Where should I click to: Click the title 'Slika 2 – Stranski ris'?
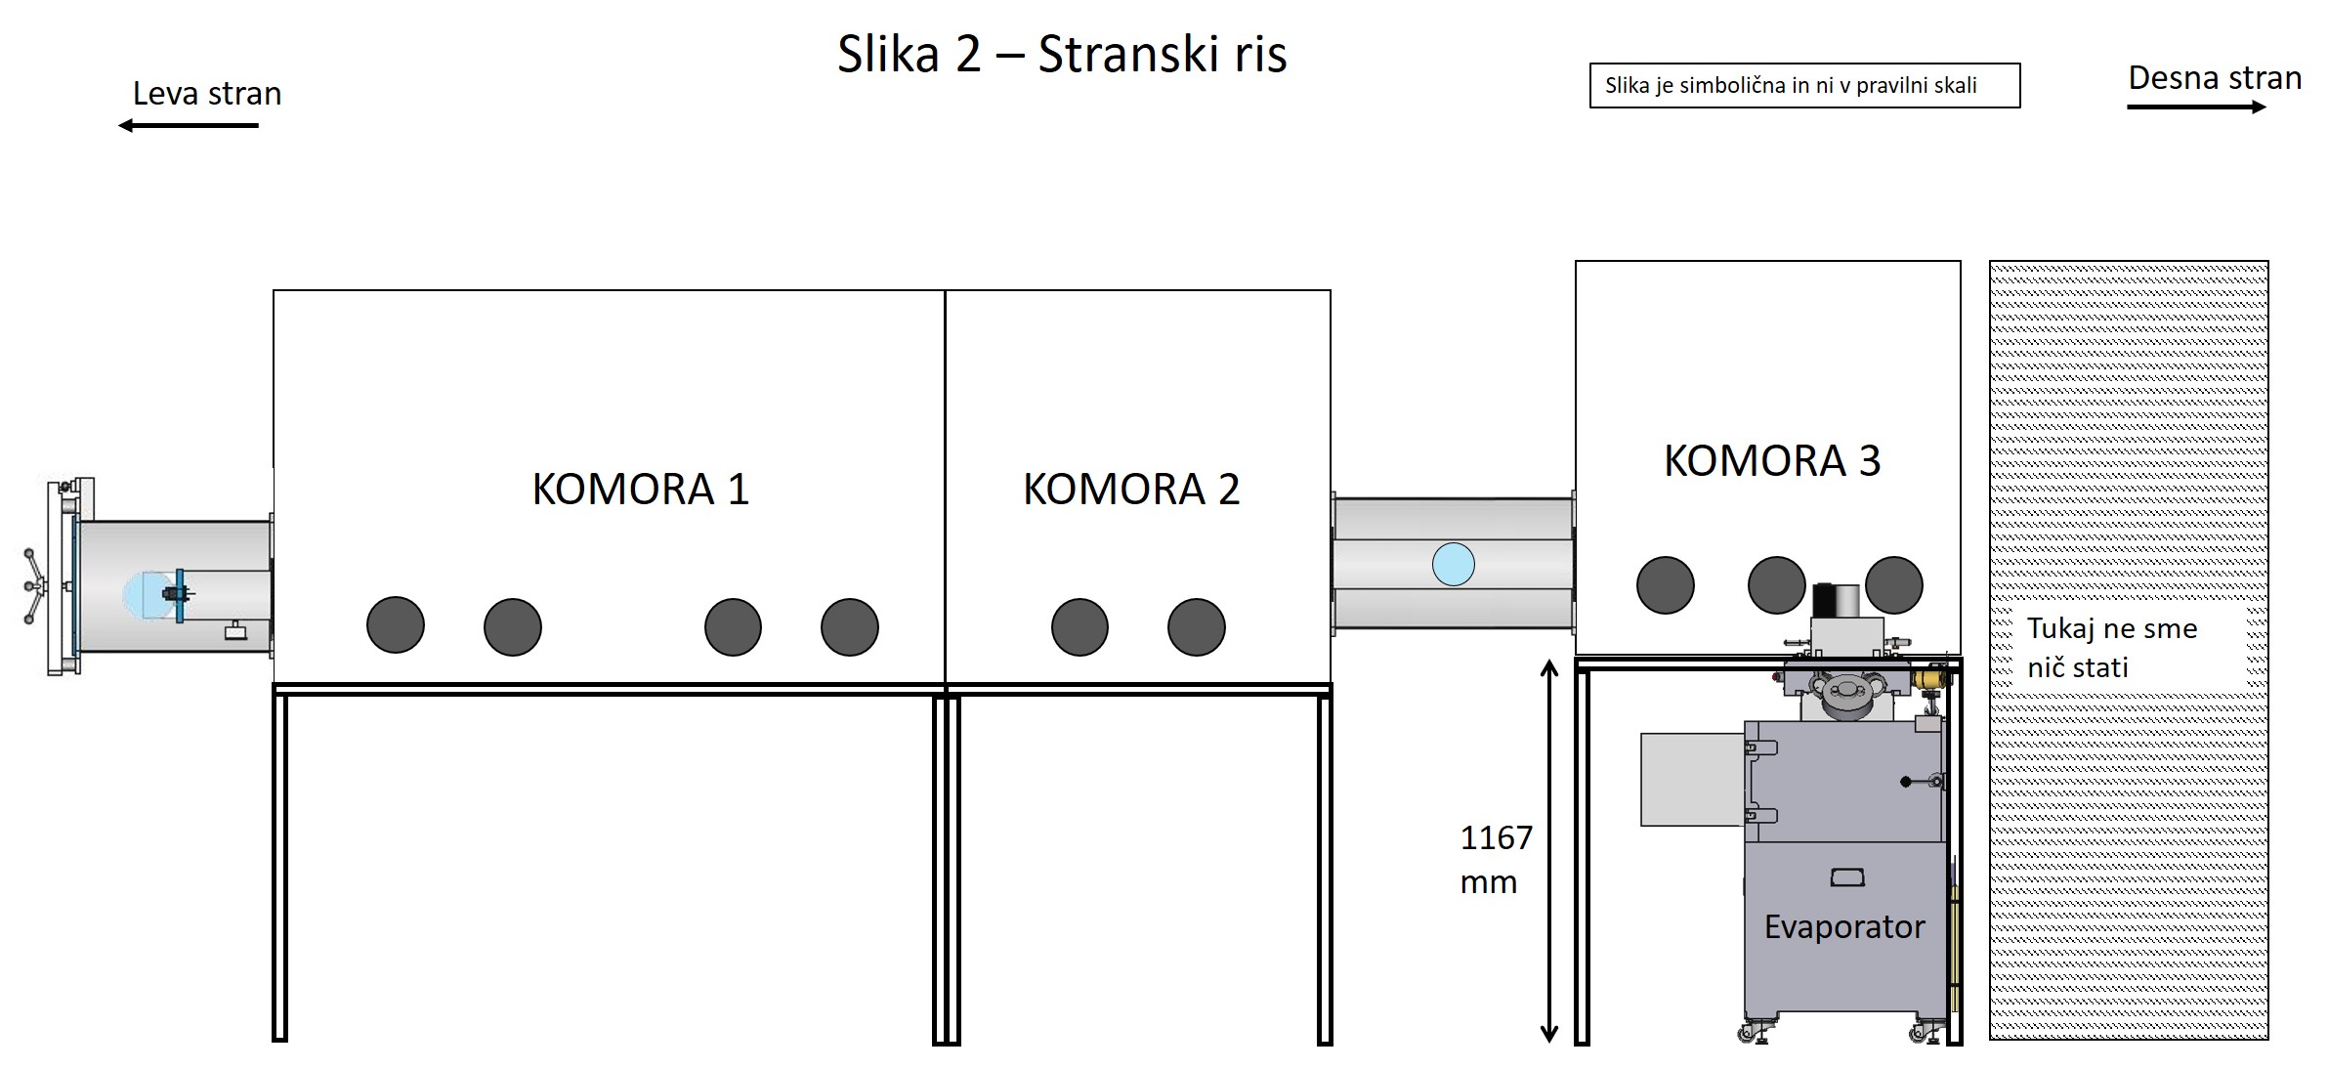(1062, 55)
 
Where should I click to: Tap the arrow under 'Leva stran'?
(189, 125)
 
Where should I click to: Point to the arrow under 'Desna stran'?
(2196, 107)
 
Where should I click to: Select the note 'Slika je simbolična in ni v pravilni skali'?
(1803, 86)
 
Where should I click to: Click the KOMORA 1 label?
(640, 490)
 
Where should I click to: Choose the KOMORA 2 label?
(1131, 490)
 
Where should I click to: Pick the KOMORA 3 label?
(1771, 461)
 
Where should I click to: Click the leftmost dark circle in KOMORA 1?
(396, 625)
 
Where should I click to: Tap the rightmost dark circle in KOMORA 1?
(850, 626)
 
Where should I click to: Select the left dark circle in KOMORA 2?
(1079, 626)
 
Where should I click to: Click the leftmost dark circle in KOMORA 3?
(1665, 585)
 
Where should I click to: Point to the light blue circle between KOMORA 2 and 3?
(1453, 565)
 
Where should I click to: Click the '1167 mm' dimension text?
(1495, 859)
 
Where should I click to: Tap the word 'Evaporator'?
(1843, 926)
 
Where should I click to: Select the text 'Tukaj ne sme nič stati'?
(2111, 648)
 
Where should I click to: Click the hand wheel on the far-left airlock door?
(35, 585)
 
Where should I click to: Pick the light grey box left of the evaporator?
(1692, 779)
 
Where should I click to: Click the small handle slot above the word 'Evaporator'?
(1846, 877)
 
